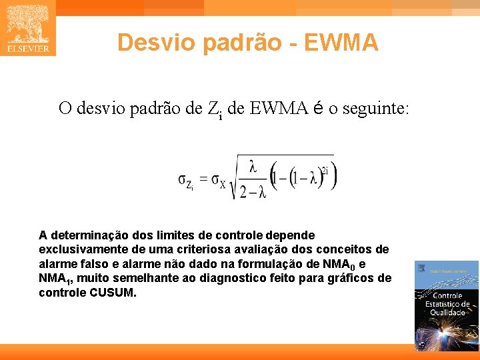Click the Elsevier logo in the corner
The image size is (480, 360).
[27, 28]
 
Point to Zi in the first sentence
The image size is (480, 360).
[215, 109]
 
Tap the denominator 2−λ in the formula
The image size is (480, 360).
[253, 192]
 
